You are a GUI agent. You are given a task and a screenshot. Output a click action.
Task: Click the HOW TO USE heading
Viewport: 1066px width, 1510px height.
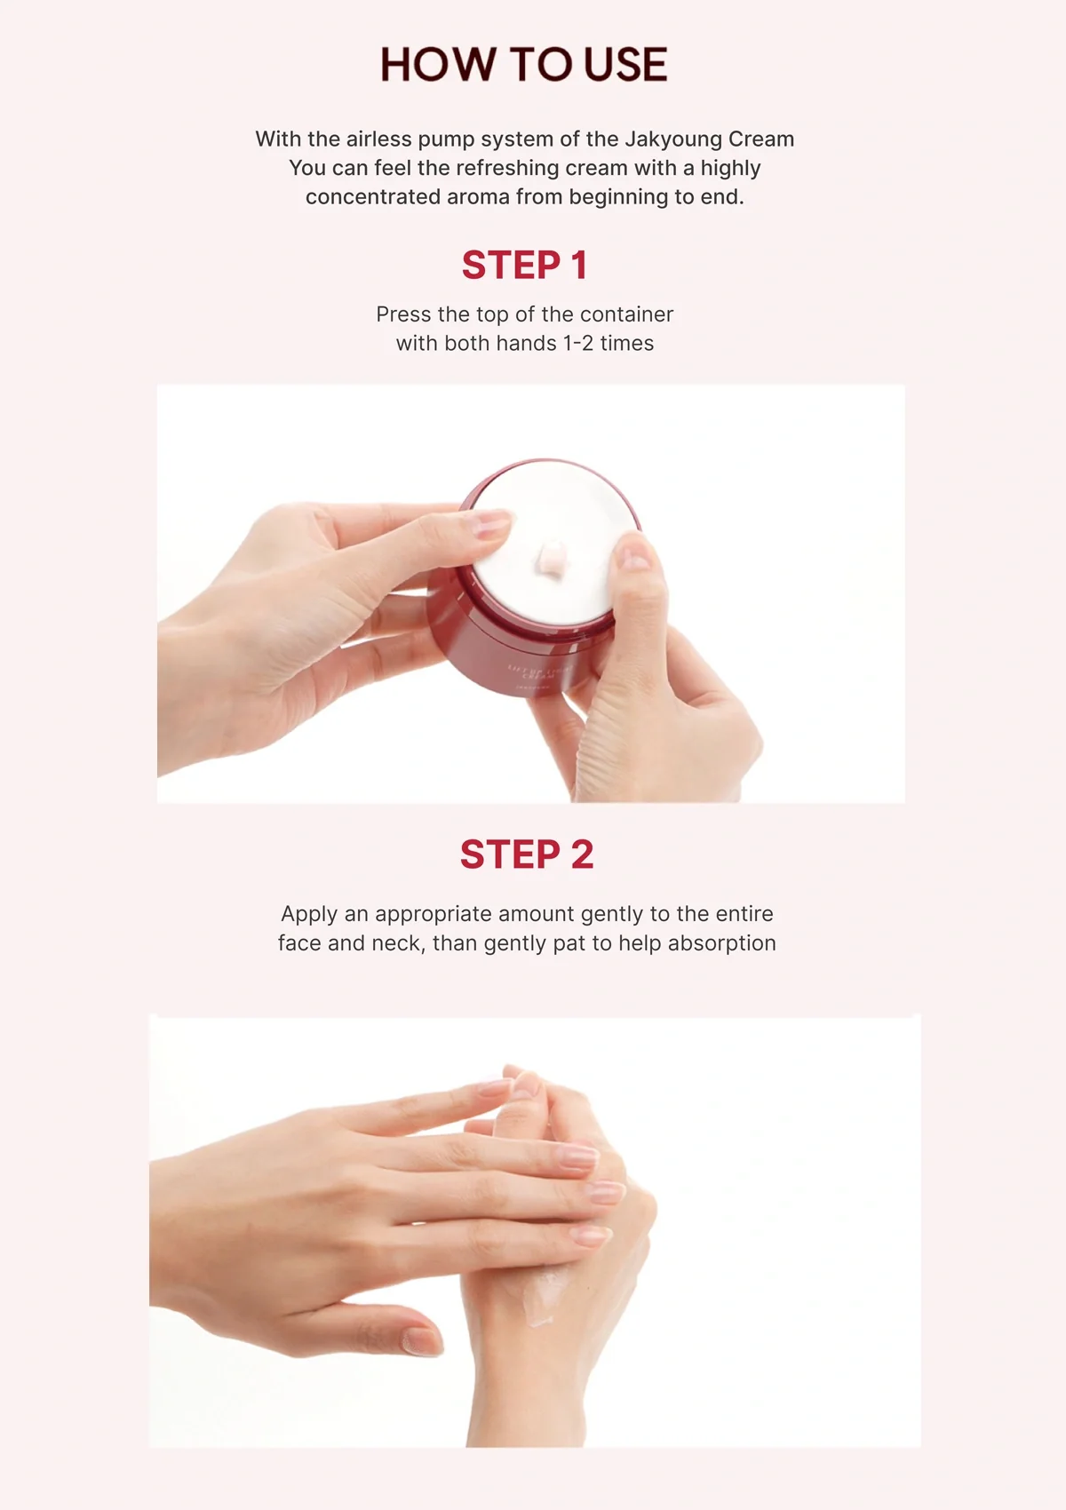click(x=524, y=66)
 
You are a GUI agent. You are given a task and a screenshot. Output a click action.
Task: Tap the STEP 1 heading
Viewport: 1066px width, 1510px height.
click(x=524, y=266)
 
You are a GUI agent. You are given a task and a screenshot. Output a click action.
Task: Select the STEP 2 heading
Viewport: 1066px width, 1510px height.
click(x=526, y=854)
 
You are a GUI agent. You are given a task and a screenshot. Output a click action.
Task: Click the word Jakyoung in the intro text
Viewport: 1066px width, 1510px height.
click(x=672, y=139)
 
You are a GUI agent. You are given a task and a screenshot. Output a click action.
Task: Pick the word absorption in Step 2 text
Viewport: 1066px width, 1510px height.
click(x=721, y=943)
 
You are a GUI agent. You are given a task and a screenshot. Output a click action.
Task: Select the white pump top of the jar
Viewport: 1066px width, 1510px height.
click(x=551, y=533)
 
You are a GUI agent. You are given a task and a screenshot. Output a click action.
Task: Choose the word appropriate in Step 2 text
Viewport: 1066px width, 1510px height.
click(x=433, y=914)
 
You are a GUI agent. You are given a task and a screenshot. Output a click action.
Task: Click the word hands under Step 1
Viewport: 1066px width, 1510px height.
click(x=527, y=344)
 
